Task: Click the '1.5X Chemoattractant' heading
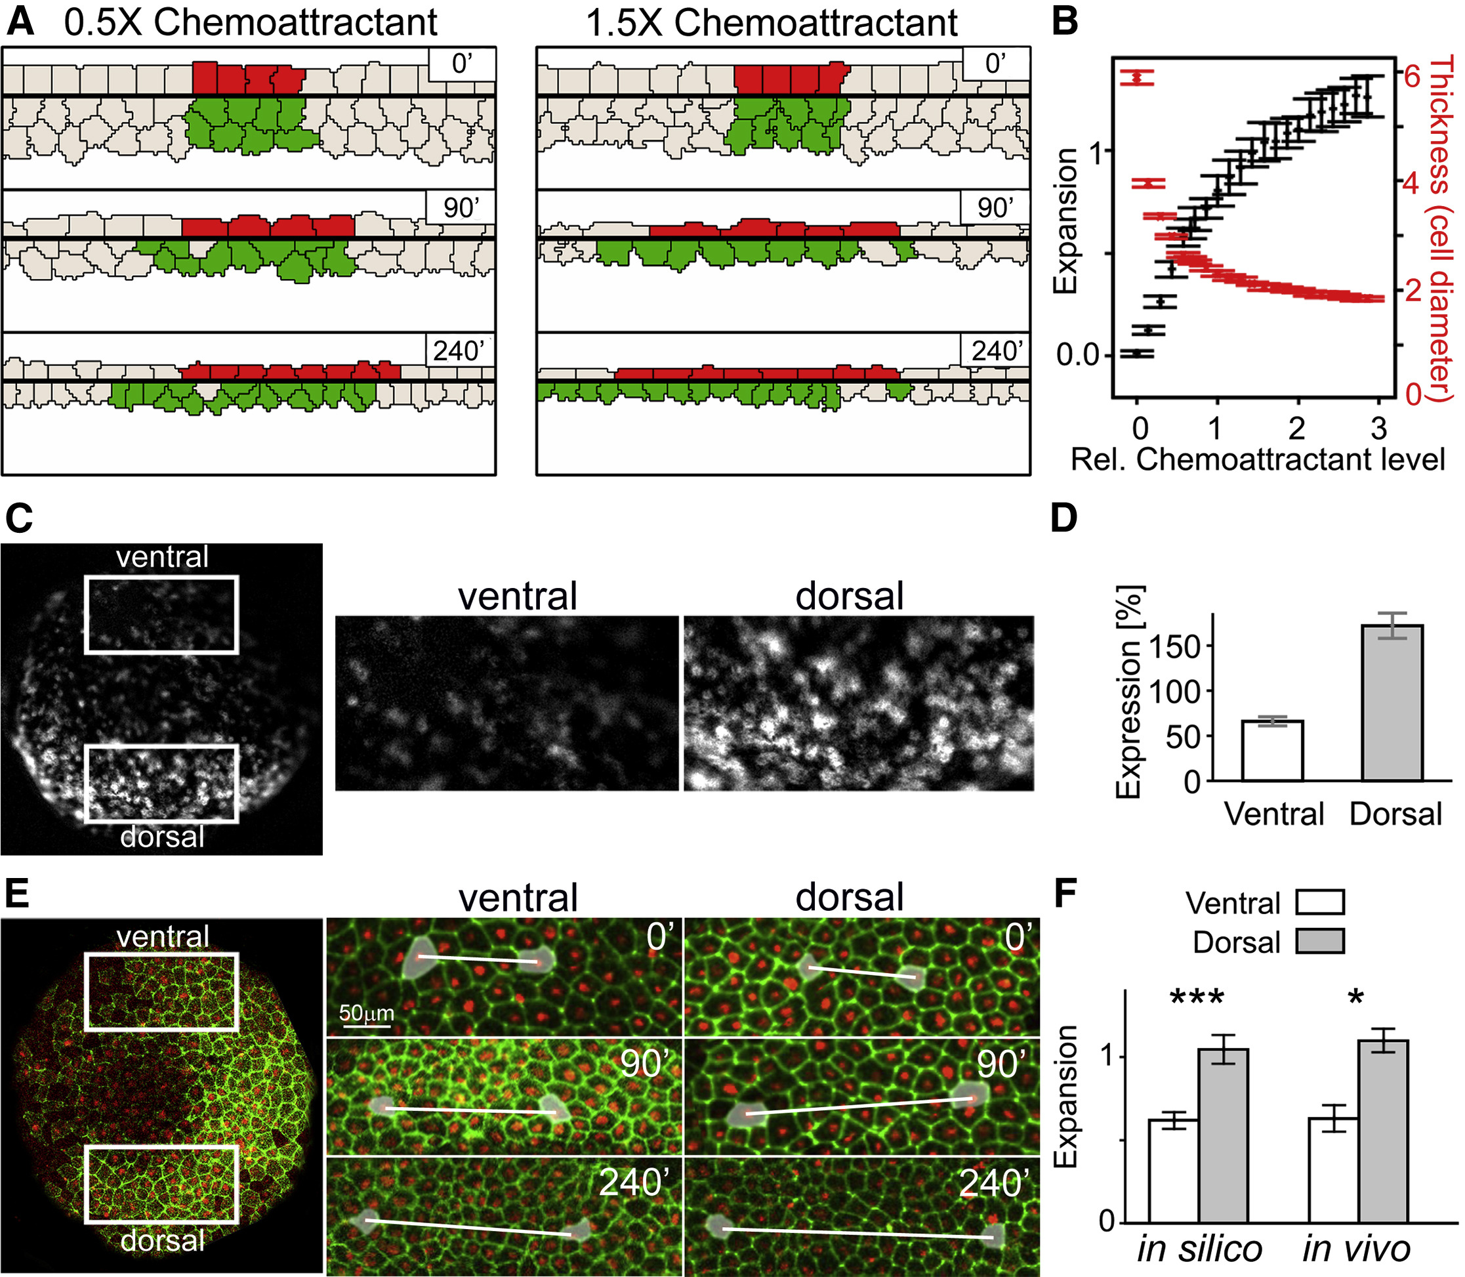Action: tap(771, 23)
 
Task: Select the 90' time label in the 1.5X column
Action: tap(995, 207)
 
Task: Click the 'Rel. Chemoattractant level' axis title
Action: tap(1258, 459)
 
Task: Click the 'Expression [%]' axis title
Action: tap(1128, 691)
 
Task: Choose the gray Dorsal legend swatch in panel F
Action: tap(1319, 942)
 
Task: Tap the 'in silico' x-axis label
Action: tap(1200, 1249)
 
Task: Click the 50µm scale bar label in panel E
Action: tap(366, 1013)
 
